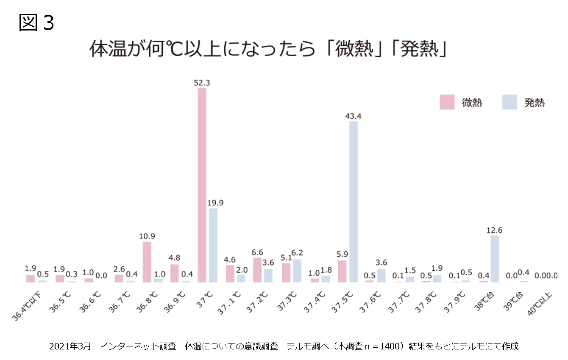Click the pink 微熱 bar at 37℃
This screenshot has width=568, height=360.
point(202,185)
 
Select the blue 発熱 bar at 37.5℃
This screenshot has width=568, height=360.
point(354,202)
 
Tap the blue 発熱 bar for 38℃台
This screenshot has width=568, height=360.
point(495,259)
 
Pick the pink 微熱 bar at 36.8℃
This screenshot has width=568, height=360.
point(147,262)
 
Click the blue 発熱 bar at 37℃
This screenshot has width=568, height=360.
point(213,245)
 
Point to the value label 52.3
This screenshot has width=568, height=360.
point(202,83)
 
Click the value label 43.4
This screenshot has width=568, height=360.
point(354,116)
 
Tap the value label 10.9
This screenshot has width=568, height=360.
point(147,236)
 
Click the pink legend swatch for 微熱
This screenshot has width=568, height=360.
point(447,102)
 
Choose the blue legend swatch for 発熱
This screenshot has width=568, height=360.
point(510,102)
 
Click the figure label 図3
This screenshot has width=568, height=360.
point(37,23)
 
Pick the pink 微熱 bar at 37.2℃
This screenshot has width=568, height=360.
point(257,270)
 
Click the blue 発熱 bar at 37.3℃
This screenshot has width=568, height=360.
point(298,271)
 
